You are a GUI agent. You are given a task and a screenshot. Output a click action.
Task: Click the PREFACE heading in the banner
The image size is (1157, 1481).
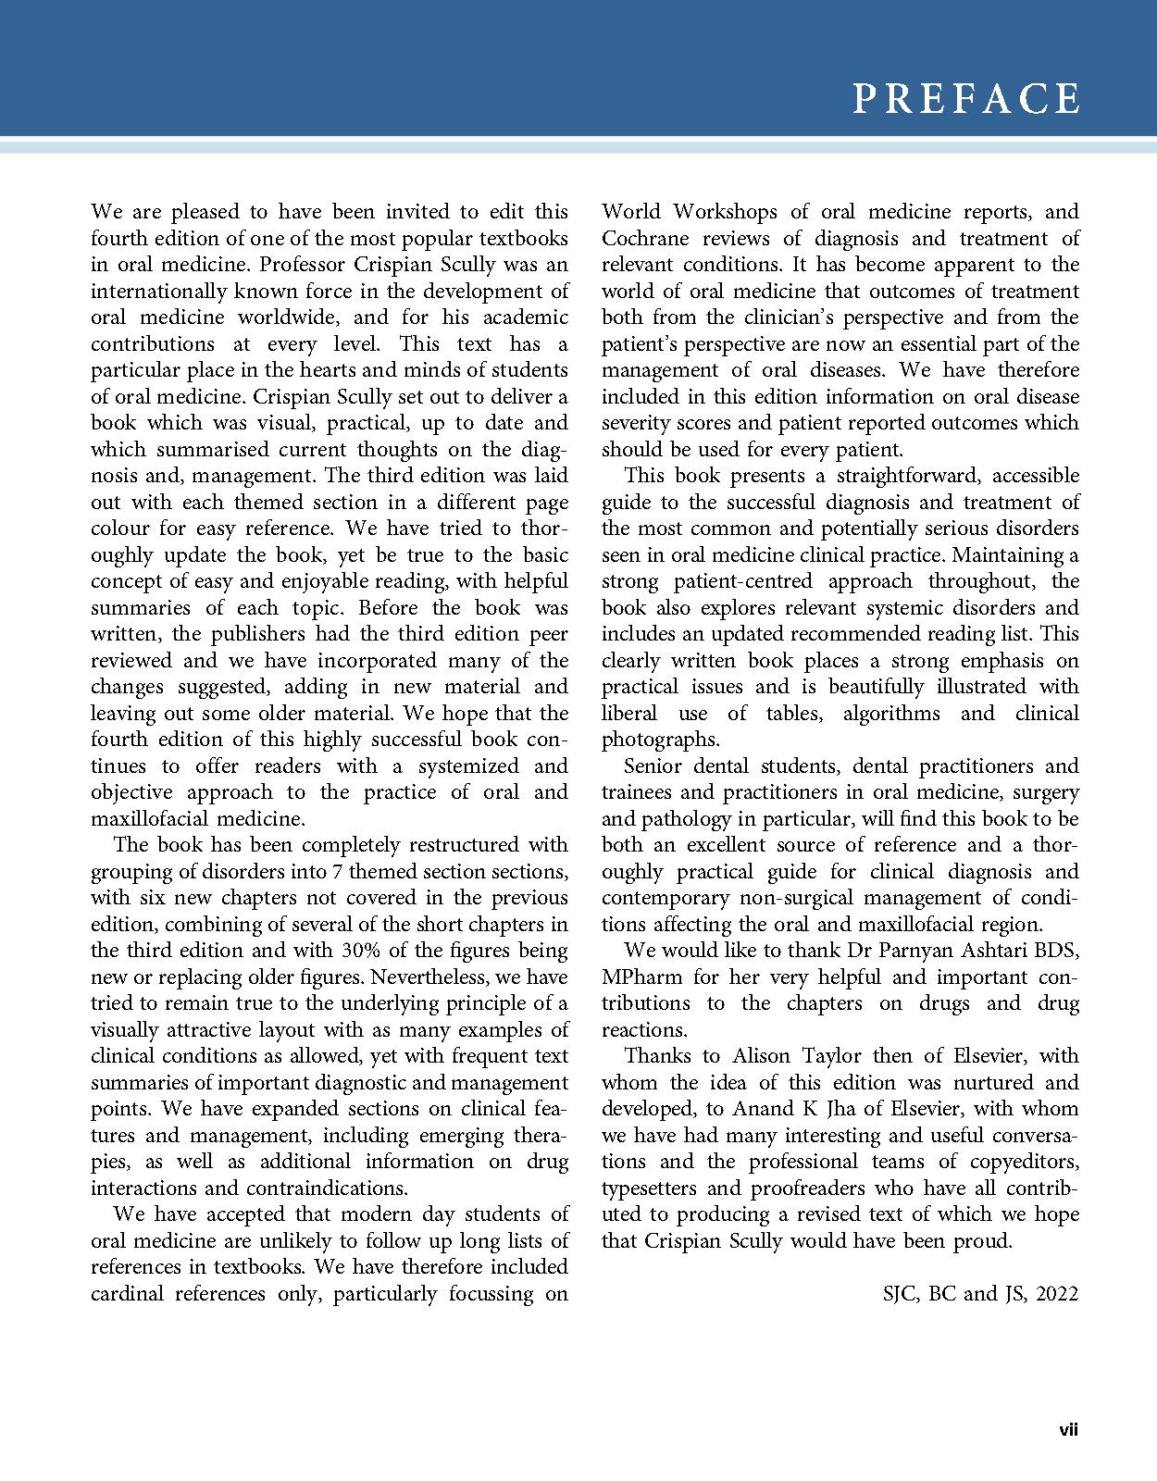[965, 99]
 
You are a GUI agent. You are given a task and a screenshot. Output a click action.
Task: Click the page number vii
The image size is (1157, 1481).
[1068, 1430]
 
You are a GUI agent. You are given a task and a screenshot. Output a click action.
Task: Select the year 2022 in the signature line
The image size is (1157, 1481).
[1057, 1294]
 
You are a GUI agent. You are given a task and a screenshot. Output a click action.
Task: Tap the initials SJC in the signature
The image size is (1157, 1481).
[900, 1294]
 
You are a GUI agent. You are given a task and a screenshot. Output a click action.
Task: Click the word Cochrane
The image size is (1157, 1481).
[644, 239]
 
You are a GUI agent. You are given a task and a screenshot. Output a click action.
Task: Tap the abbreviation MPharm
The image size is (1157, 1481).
[642, 977]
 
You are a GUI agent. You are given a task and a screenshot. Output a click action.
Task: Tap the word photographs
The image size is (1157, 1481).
[660, 740]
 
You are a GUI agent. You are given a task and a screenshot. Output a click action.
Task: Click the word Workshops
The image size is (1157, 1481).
[726, 212]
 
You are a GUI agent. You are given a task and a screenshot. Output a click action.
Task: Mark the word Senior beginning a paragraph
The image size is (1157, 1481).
[653, 766]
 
